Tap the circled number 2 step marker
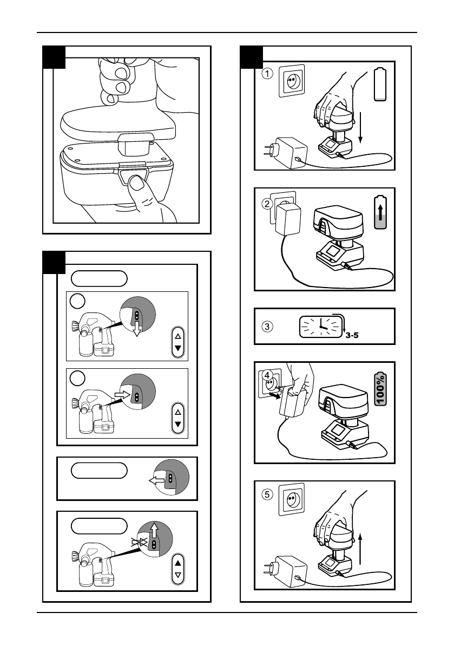click(x=267, y=204)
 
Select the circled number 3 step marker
click(x=267, y=327)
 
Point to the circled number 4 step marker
click(x=267, y=375)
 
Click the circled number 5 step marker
click(x=267, y=493)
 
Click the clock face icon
click(x=321, y=327)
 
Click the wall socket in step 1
click(x=292, y=81)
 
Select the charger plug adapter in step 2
click(x=287, y=220)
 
